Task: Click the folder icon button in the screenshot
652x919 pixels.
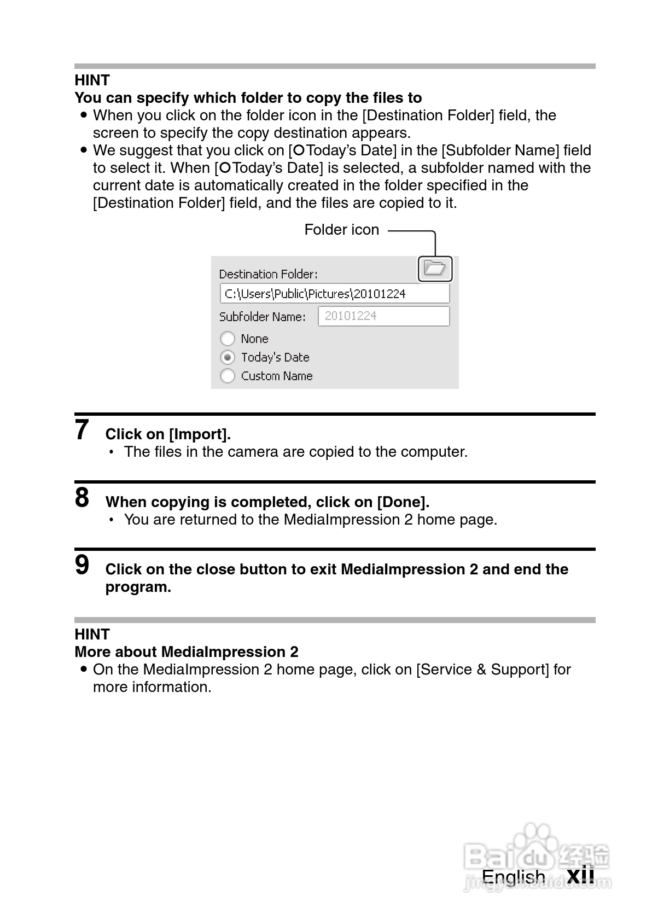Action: pyautogui.click(x=435, y=269)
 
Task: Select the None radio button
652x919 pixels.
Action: pyautogui.click(x=228, y=339)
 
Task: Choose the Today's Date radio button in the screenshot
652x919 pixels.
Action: pyautogui.click(x=228, y=357)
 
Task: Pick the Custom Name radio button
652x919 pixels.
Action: pyautogui.click(x=228, y=376)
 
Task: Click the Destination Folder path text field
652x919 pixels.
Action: pyautogui.click(x=334, y=294)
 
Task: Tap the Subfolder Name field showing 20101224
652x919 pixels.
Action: pyautogui.click(x=383, y=316)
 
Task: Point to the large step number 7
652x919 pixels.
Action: pyautogui.click(x=82, y=430)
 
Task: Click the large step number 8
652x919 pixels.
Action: pyautogui.click(x=82, y=498)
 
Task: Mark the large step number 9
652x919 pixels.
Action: pyautogui.click(x=82, y=565)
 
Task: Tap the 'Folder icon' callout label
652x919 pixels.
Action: pyautogui.click(x=341, y=230)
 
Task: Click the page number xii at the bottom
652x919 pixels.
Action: pyautogui.click(x=580, y=876)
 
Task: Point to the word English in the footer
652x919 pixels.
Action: pyautogui.click(x=513, y=877)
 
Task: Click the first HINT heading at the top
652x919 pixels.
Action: pyautogui.click(x=92, y=80)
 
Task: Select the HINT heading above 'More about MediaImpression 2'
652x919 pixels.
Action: pyautogui.click(x=92, y=635)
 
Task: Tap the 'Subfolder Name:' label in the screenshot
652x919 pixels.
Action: pyautogui.click(x=262, y=317)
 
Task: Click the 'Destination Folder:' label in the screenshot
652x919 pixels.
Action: pyautogui.click(x=268, y=274)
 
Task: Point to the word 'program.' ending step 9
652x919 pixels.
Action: pyautogui.click(x=138, y=588)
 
